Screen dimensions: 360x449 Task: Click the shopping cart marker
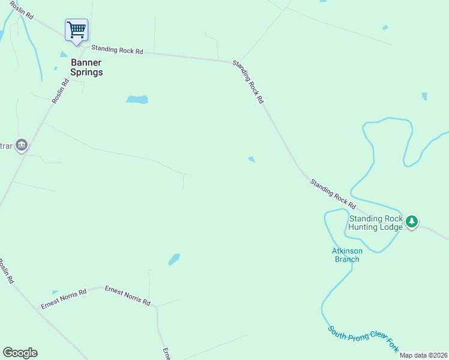[x=76, y=30]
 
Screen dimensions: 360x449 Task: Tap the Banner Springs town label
[x=87, y=67]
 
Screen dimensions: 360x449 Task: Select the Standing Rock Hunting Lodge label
[x=376, y=223]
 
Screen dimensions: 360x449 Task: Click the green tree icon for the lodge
[x=411, y=222]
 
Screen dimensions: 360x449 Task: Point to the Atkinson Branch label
[x=347, y=255]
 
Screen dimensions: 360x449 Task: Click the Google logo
[x=20, y=353]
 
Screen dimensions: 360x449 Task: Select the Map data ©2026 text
[x=424, y=355]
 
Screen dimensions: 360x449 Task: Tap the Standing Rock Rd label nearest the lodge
[x=333, y=193]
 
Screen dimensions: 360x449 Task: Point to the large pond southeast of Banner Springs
[x=137, y=100]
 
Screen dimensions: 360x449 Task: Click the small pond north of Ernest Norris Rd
[x=174, y=259]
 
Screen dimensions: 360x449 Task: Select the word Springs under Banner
[x=87, y=72]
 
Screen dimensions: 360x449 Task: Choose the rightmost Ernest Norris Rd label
[x=127, y=296]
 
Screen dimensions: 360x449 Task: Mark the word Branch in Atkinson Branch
[x=347, y=259]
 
